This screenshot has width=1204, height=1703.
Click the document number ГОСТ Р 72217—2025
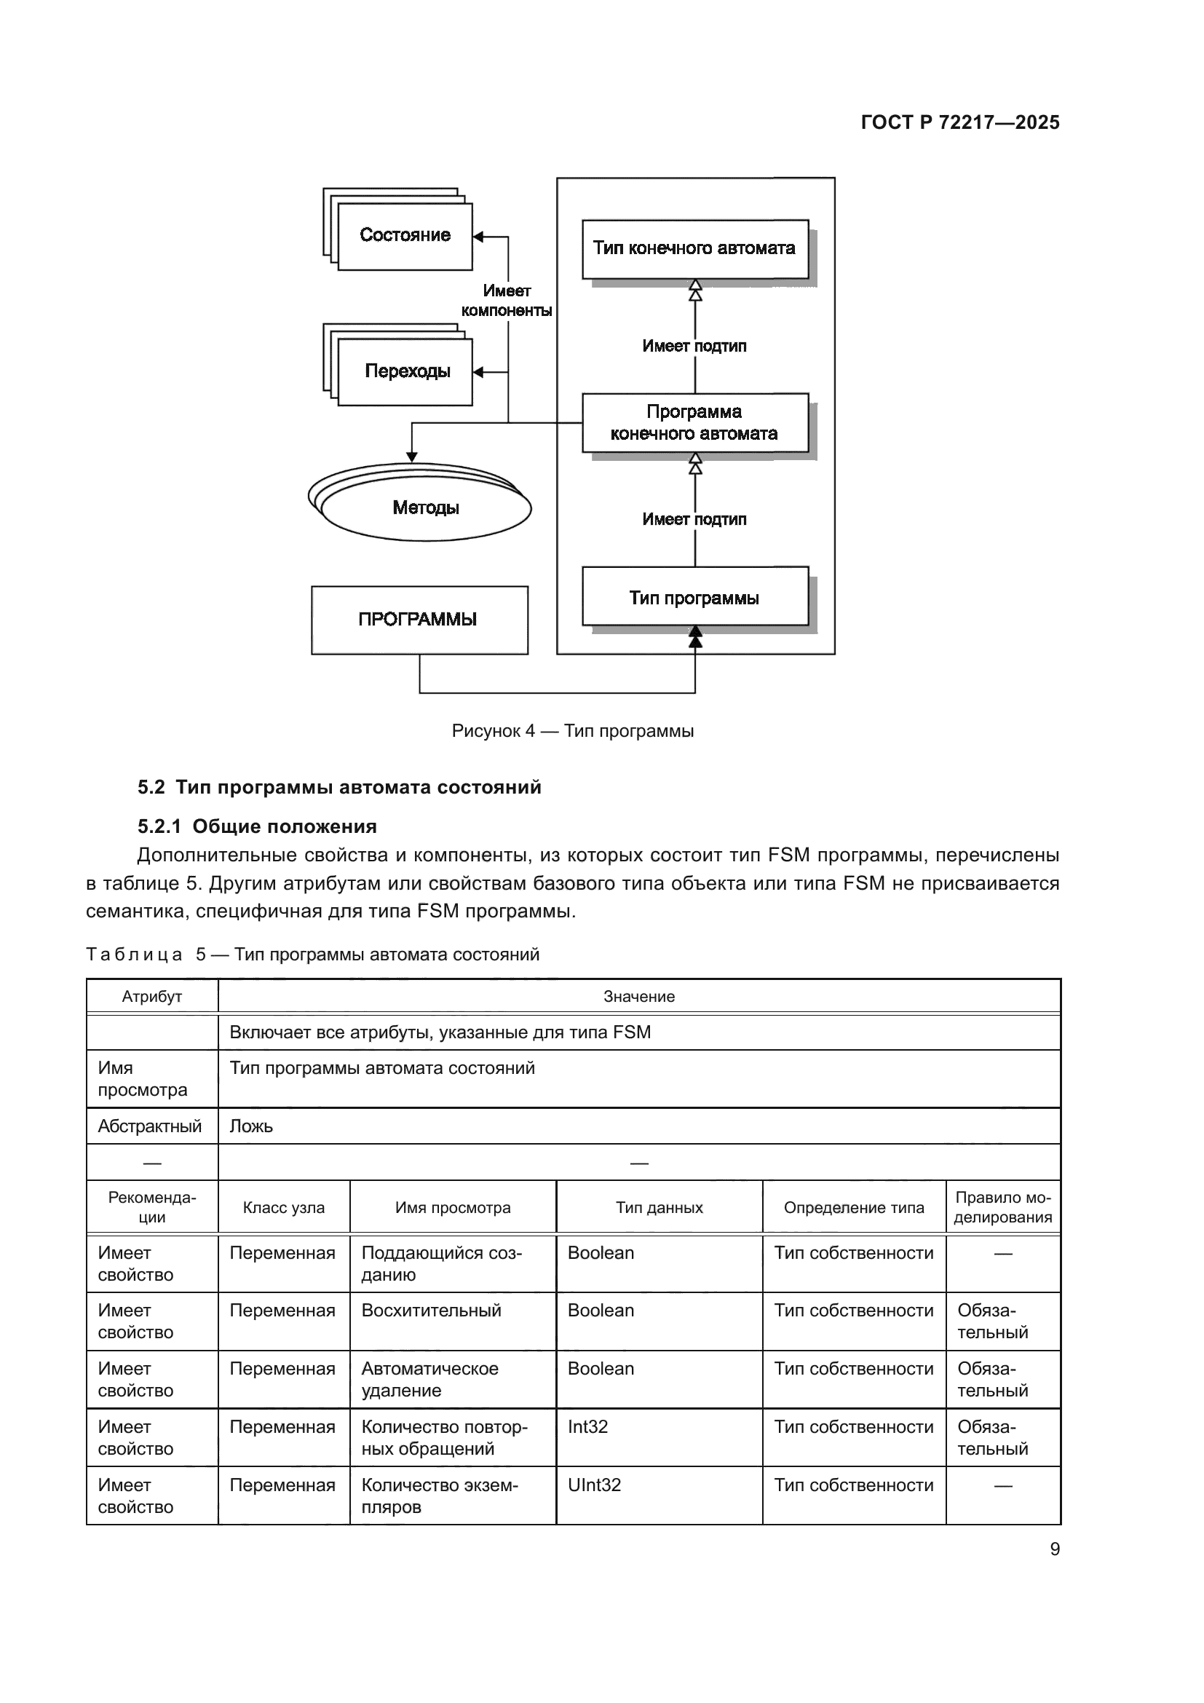tap(959, 122)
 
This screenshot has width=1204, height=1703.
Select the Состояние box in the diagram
tap(405, 236)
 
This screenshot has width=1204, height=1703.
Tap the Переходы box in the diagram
tap(406, 371)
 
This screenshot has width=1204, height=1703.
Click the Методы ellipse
tap(426, 508)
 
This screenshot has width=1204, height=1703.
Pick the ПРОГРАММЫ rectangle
tap(419, 620)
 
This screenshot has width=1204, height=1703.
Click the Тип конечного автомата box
tap(694, 248)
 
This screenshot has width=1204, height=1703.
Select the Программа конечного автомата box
tap(694, 423)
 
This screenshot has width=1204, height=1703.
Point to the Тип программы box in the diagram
tap(694, 597)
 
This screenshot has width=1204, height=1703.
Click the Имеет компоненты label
tap(507, 301)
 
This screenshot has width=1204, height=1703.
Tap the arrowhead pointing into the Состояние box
tap(478, 237)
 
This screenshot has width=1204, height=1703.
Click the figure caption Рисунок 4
tap(572, 731)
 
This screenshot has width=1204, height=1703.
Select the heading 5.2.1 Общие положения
tap(256, 826)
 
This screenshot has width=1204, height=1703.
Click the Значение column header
tap(638, 997)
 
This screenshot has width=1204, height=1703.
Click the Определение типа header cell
tap(853, 1207)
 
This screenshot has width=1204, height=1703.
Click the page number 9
tap(1054, 1549)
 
